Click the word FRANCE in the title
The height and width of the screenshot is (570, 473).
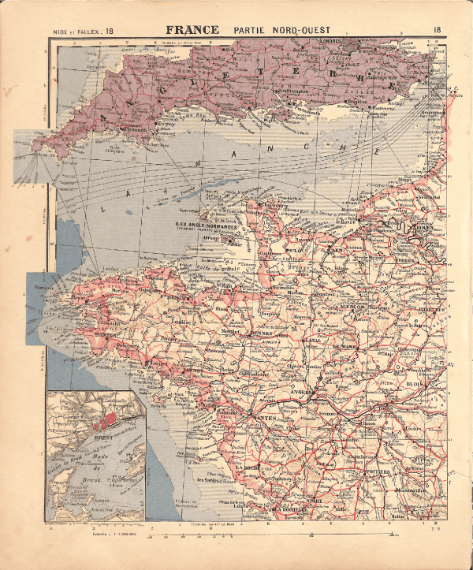192,31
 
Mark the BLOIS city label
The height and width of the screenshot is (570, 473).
416,384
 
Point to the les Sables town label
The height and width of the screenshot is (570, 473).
213,479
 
